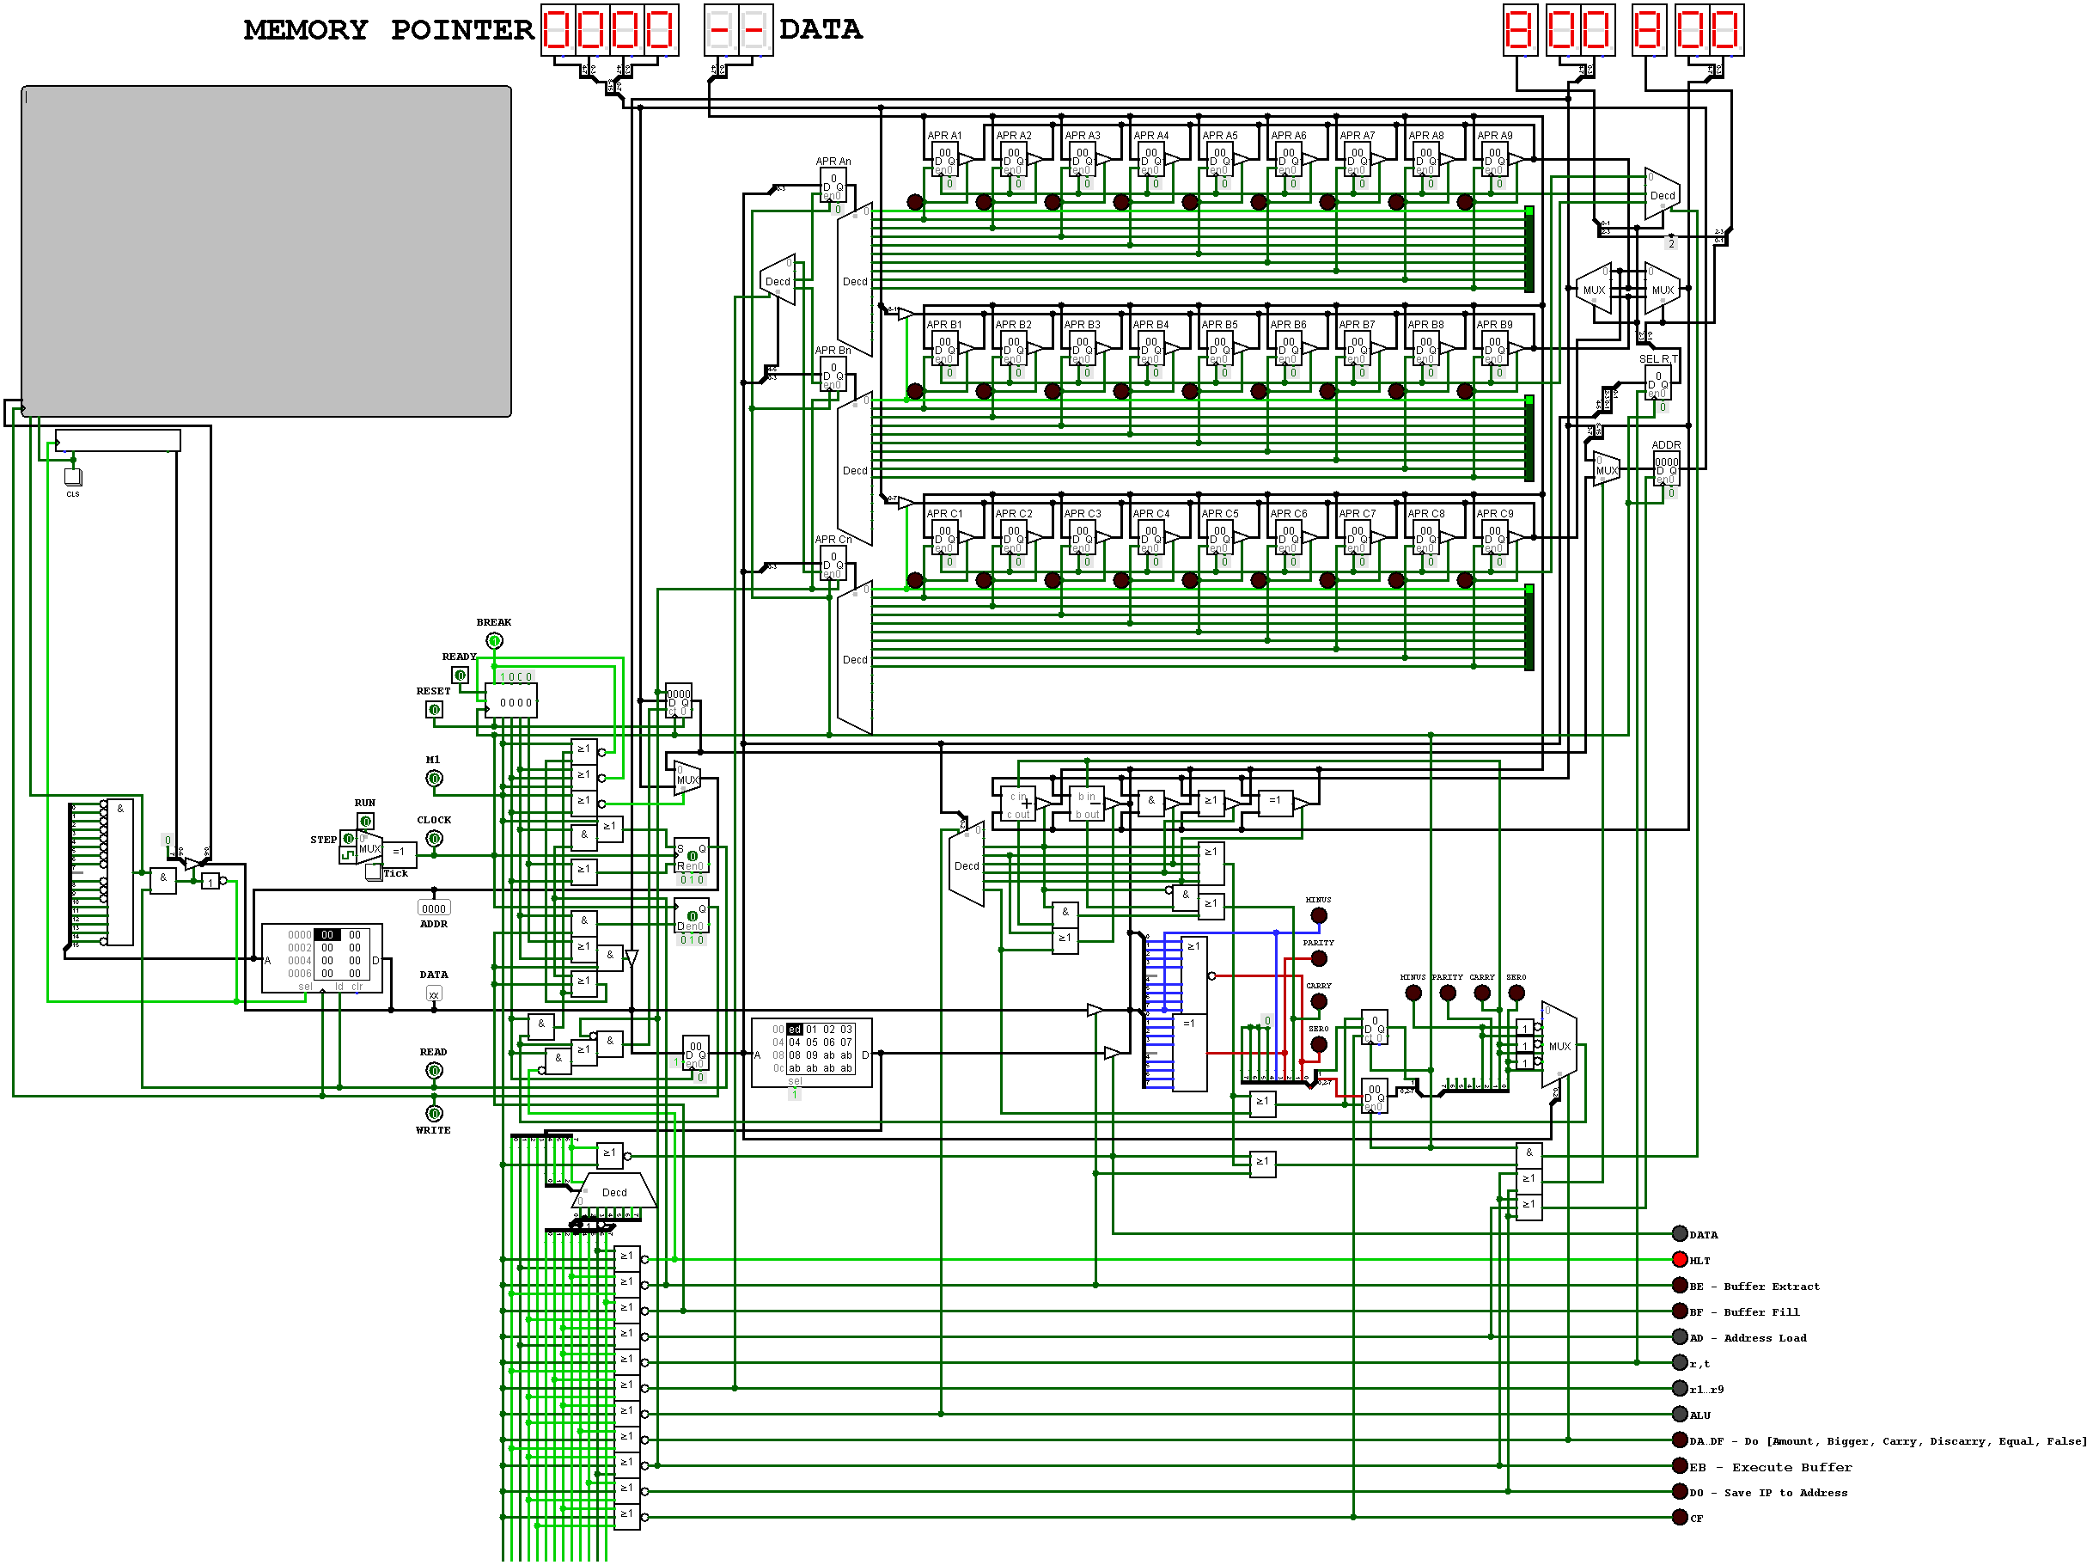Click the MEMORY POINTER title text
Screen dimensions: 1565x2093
click(x=388, y=30)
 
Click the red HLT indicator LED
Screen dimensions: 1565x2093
click(x=1680, y=1259)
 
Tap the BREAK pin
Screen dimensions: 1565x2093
click(x=494, y=640)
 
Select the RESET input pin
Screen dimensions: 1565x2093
click(x=434, y=709)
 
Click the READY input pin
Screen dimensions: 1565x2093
click(x=460, y=675)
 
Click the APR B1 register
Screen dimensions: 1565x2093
click(x=944, y=350)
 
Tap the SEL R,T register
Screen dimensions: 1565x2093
click(x=1657, y=384)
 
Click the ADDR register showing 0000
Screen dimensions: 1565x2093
click(x=1666, y=469)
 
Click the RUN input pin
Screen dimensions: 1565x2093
click(x=365, y=821)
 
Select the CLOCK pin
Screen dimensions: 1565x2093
click(x=434, y=838)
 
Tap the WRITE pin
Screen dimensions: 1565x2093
click(x=433, y=1113)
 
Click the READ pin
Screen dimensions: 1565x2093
click(x=433, y=1070)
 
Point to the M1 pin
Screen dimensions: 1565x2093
click(x=433, y=778)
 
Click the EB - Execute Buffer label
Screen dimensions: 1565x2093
click(x=1769, y=1466)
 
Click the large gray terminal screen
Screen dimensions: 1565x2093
click(x=265, y=251)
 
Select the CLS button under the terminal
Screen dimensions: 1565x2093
click(x=73, y=477)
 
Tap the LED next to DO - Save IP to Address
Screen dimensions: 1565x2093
click(x=1680, y=1491)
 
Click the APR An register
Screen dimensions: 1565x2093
click(x=833, y=186)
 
